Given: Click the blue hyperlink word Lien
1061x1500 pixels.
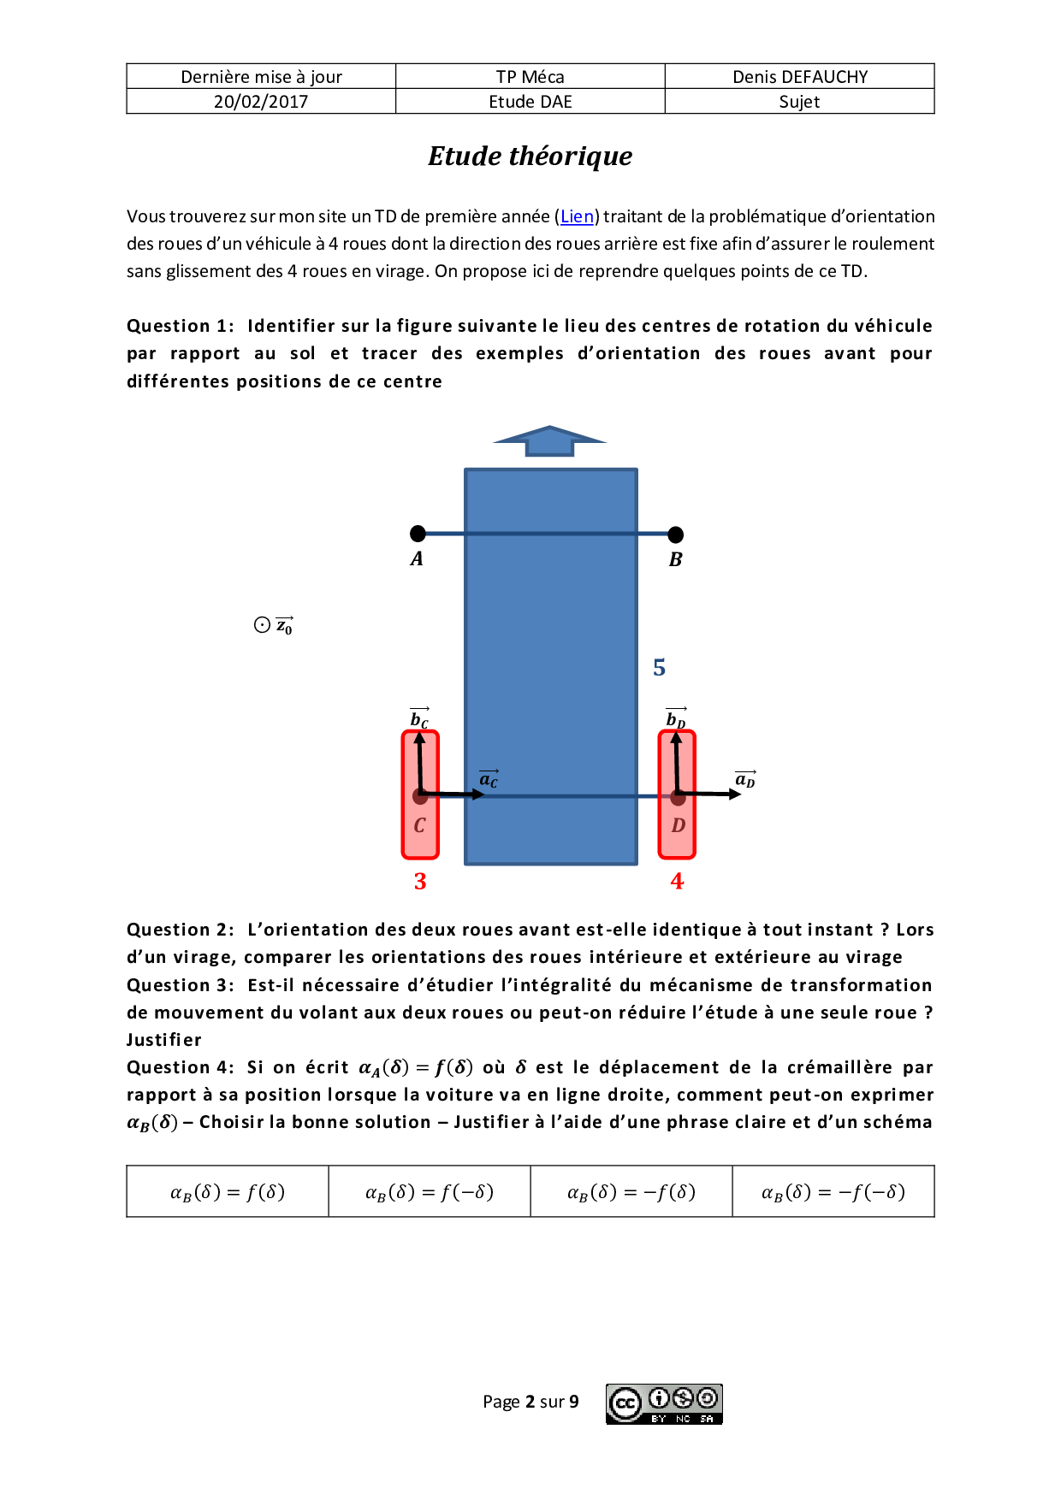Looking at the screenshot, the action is pos(577,216).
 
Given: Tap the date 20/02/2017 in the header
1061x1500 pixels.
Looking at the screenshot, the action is pos(261,102).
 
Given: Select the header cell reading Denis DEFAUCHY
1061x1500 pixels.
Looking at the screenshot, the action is pos(800,77).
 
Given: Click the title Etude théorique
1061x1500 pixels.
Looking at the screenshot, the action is pos(530,156).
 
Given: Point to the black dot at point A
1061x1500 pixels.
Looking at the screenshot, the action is pos(418,534).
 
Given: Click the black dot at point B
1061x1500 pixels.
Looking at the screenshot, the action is pos(676,534).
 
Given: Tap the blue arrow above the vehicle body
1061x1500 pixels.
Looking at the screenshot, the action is pos(550,440).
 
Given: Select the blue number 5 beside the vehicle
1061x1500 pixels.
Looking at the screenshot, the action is pos(659,667).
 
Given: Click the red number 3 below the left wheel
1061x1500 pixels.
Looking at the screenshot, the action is pos(420,882).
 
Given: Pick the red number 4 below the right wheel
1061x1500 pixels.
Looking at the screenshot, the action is pos(677,882).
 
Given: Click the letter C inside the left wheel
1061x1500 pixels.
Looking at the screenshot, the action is pos(419,826).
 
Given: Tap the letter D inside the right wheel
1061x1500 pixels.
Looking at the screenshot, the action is pos(678,826).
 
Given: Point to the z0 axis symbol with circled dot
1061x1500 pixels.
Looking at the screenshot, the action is pos(274,626).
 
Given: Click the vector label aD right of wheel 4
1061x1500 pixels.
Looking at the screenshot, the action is pos(745,779).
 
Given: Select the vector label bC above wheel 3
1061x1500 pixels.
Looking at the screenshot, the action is pos(419,718).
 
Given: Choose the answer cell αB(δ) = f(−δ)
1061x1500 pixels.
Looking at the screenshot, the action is pos(430,1191).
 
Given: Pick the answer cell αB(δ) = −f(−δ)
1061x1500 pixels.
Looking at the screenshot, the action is pos(833,1191).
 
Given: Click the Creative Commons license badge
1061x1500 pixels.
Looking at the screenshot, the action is pos(665,1404).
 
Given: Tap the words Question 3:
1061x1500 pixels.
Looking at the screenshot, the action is pos(181,985).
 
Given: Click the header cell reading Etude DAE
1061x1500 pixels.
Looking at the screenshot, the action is pos(530,102).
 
